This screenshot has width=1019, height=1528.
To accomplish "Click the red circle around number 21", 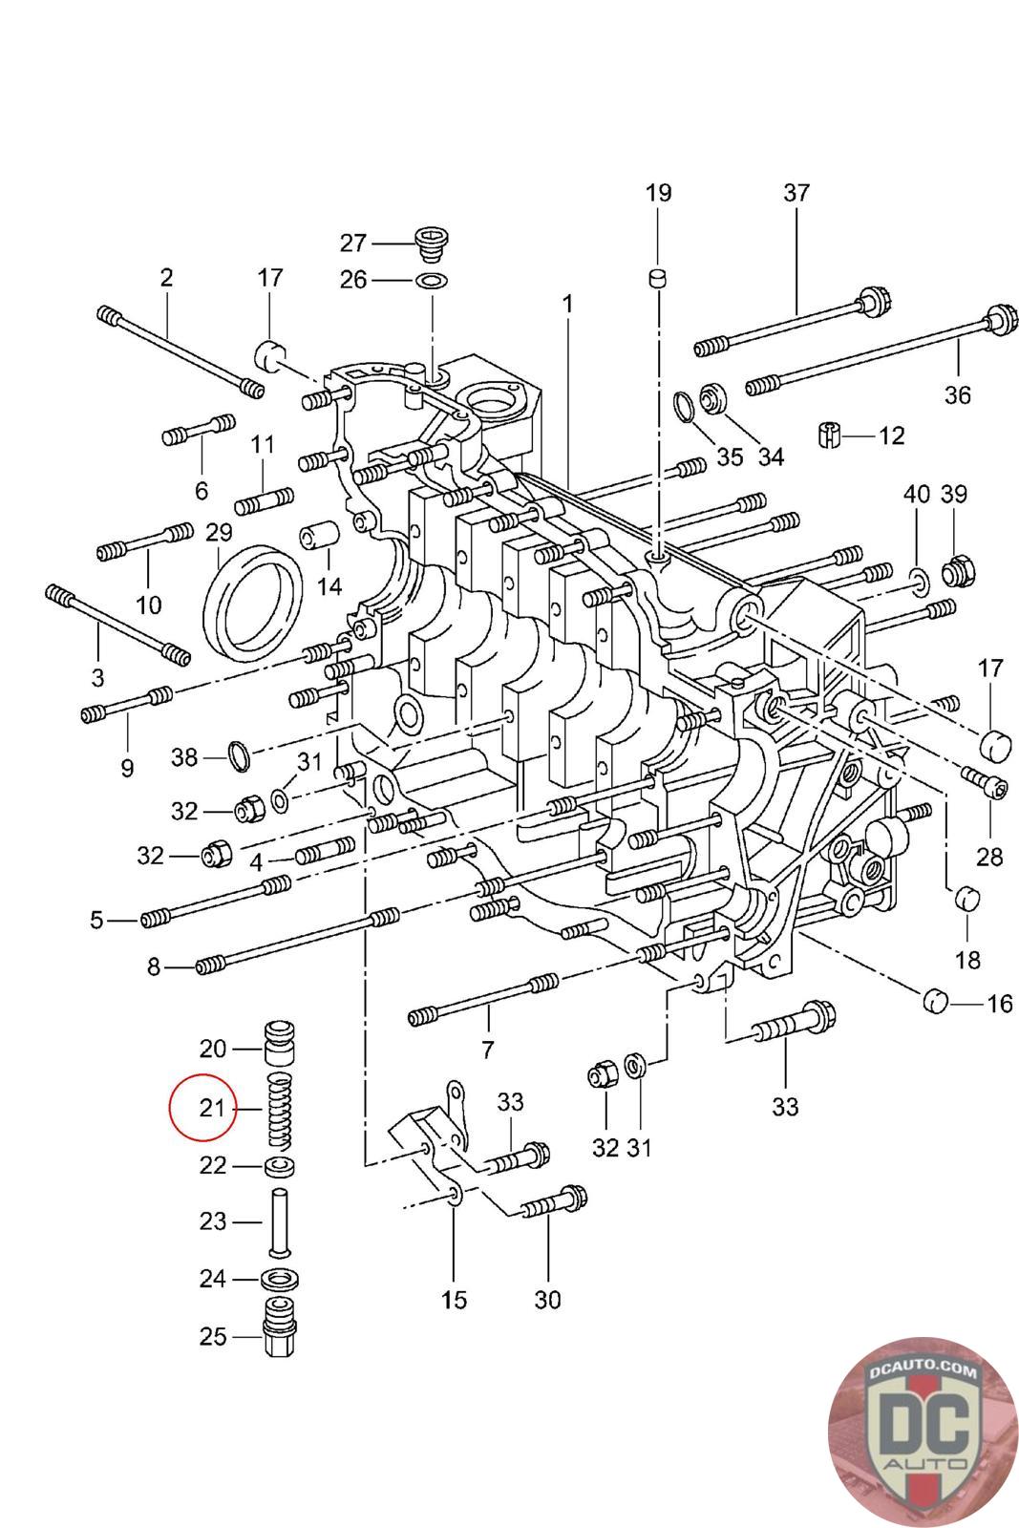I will [202, 1108].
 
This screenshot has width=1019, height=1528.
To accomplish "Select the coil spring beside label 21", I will [277, 1110].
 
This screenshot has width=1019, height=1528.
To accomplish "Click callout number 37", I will [796, 193].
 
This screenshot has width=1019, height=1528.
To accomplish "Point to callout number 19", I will [658, 193].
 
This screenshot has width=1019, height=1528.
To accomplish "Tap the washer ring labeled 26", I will [432, 281].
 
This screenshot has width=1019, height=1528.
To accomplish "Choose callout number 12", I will [891, 436].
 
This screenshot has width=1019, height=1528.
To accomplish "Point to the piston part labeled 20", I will [278, 1047].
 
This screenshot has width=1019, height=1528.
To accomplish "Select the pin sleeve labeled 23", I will [279, 1221].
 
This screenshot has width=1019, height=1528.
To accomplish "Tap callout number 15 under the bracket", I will [454, 1299].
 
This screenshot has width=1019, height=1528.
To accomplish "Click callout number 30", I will [547, 1299].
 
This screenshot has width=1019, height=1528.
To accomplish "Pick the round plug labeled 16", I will [936, 1002].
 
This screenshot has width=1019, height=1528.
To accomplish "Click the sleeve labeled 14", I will [315, 539].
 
